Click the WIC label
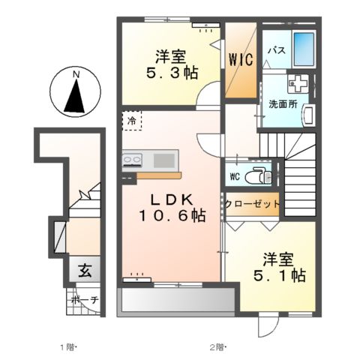[241, 59]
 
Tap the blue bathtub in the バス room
[304, 49]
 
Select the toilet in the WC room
[258, 176]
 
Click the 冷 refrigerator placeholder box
[132, 121]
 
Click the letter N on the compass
[75, 74]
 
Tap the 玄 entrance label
[85, 271]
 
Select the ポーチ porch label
[85, 300]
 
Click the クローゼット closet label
[252, 204]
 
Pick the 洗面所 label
[283, 104]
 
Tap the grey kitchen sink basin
[164, 160]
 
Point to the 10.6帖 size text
[172, 216]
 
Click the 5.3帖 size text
[172, 73]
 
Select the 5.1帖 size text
[280, 276]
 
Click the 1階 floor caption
[67, 347]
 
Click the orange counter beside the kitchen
[159, 175]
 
